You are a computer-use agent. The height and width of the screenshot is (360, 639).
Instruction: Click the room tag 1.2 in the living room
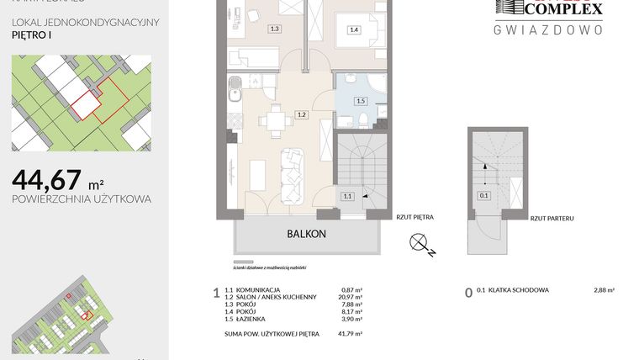(300, 114)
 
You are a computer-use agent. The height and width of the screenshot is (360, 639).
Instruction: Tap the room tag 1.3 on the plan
(274, 29)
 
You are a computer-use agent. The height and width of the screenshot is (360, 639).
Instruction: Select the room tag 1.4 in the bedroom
(354, 29)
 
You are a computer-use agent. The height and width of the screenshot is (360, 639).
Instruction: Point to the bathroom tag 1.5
(361, 101)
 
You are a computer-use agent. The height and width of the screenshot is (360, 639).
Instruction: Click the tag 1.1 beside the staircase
(347, 196)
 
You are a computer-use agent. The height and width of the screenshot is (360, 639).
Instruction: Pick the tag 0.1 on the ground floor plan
(484, 195)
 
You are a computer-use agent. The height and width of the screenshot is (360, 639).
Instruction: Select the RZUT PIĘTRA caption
(415, 217)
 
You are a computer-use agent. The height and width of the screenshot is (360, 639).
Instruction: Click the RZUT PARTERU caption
(552, 218)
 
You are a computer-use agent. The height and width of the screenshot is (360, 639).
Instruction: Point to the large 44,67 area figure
(47, 179)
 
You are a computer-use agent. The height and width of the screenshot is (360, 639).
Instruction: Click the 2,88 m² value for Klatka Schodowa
(602, 290)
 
